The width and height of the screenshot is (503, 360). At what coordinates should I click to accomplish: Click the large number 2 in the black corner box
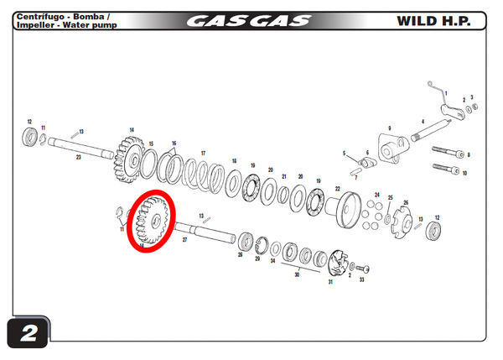point(29,333)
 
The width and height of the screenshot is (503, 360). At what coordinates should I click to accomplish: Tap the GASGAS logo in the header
point(247,20)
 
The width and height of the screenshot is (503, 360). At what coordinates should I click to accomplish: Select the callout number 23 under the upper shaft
point(78,157)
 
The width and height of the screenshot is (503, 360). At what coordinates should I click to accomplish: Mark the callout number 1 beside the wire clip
point(446,93)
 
